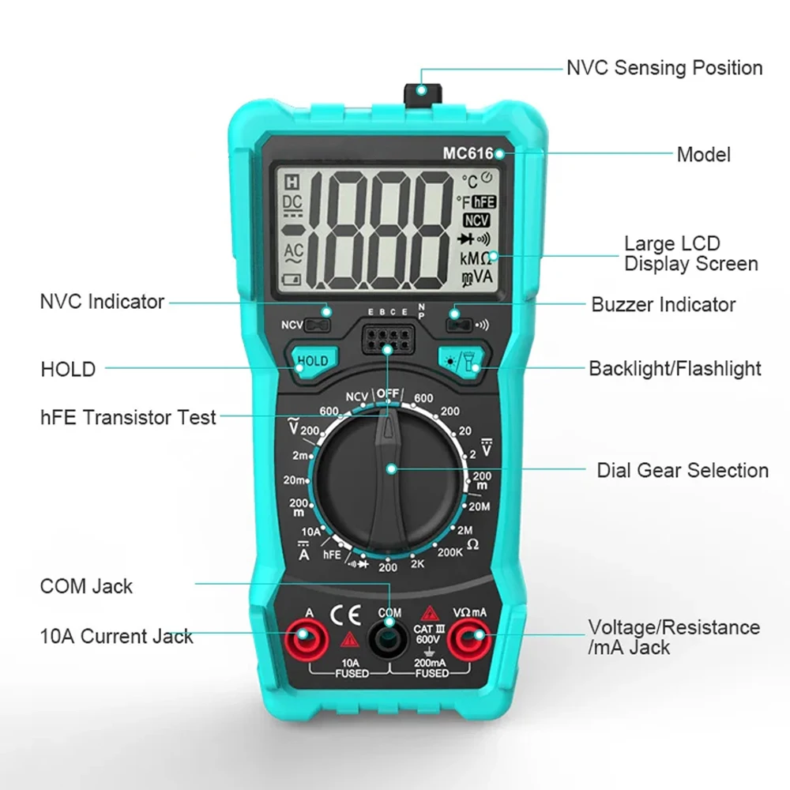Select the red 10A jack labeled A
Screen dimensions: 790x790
(x=307, y=638)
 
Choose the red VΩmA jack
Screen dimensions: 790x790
(x=471, y=638)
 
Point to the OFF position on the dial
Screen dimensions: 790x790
(x=388, y=393)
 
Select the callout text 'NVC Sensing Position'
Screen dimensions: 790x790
(x=664, y=68)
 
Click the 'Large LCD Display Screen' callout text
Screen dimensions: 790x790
(x=690, y=254)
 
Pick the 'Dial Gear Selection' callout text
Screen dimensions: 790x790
(x=682, y=471)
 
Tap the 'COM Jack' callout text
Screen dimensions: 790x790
(x=86, y=586)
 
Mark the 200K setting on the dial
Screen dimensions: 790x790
(x=450, y=552)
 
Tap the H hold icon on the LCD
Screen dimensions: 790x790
(x=292, y=180)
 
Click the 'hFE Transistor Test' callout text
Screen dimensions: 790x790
(x=128, y=417)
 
